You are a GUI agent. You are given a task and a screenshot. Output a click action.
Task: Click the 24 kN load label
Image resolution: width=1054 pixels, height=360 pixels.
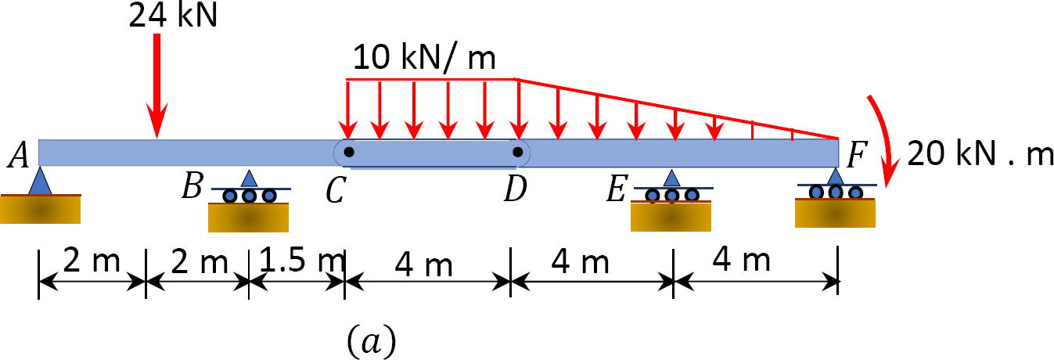point(174,15)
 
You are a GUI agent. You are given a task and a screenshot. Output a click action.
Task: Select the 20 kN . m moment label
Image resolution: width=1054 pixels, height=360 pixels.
point(980,155)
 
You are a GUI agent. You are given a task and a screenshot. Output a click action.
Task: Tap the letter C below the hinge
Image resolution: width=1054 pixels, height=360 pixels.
point(336,192)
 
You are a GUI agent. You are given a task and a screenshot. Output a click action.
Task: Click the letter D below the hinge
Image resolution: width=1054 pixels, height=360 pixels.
point(514,190)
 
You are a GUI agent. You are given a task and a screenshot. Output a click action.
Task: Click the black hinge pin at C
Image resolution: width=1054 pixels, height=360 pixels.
point(349,152)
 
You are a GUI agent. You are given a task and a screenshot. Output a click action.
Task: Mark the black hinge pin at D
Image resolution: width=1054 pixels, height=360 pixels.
point(516,152)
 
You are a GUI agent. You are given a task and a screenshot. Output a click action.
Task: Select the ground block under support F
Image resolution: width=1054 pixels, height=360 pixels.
point(834,214)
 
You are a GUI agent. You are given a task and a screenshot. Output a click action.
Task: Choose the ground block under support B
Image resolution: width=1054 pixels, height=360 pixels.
point(247,218)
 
